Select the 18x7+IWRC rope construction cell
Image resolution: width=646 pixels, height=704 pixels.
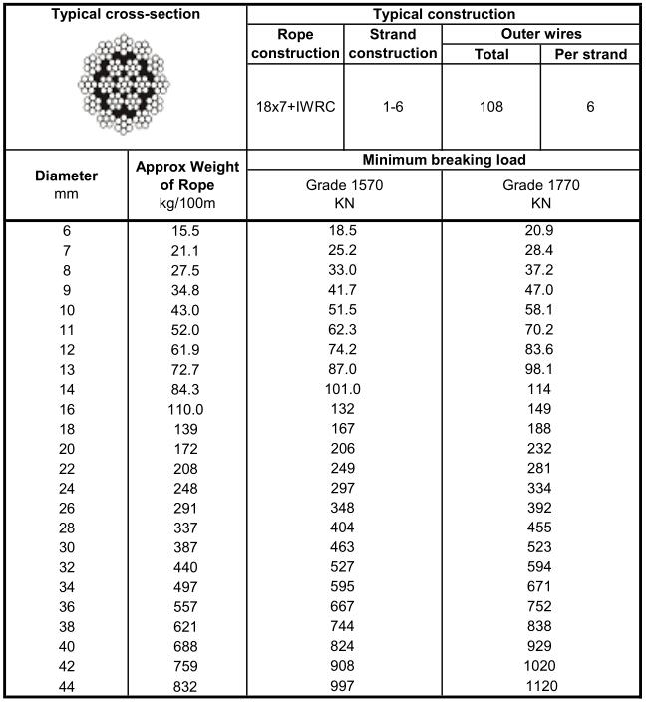[x=295, y=107]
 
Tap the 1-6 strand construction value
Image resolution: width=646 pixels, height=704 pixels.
[x=393, y=107]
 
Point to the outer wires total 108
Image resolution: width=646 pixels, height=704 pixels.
[x=491, y=107]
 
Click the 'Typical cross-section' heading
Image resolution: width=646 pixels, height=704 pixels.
[x=125, y=15]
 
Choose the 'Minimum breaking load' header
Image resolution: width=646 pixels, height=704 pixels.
[x=444, y=160]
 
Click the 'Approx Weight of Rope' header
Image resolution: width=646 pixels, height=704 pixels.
[x=187, y=185]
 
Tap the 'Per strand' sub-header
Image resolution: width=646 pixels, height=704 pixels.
[x=590, y=54]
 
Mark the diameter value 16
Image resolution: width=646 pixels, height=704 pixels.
[x=66, y=408]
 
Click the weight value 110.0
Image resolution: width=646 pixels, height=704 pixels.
[x=187, y=408]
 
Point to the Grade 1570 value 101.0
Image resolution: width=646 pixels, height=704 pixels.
[x=344, y=390]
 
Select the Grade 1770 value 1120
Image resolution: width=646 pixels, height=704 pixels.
[x=541, y=685]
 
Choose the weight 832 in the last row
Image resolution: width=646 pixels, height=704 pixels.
[x=187, y=685]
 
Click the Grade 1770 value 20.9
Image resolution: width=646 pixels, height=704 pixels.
[x=541, y=230]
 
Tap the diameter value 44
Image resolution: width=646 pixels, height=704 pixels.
[x=66, y=685]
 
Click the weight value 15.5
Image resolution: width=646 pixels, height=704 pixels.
[x=187, y=230]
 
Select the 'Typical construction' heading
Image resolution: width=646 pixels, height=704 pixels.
[x=444, y=15]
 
